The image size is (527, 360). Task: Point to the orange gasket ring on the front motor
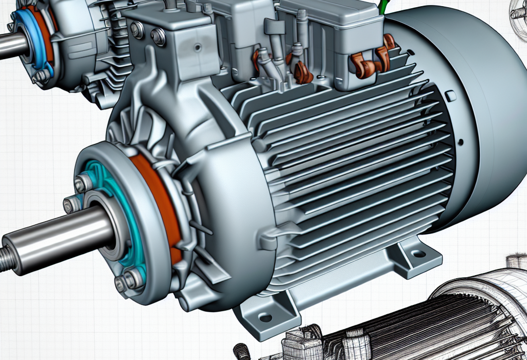154,201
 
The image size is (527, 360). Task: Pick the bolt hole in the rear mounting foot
419,254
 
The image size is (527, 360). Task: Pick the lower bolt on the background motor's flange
41,77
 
